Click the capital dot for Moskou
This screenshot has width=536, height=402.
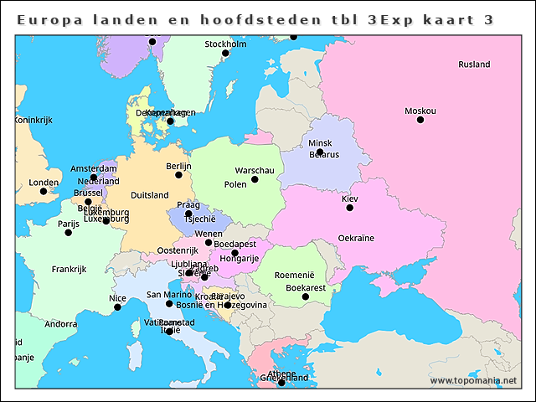[x=420, y=120]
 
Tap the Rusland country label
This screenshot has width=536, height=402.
[x=474, y=64]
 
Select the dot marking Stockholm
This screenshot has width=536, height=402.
[x=225, y=54]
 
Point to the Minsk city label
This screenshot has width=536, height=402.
[x=320, y=143]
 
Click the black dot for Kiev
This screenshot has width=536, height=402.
[x=350, y=208]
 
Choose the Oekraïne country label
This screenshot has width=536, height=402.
[x=356, y=239]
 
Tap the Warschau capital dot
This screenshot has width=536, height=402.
[x=255, y=179]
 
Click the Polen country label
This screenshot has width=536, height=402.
[x=235, y=184]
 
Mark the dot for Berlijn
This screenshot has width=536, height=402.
[x=178, y=176]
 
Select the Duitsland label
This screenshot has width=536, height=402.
[x=150, y=195]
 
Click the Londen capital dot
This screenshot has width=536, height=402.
[x=44, y=191]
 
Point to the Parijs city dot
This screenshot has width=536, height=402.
[x=69, y=232]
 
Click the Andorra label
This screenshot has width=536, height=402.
[x=61, y=324]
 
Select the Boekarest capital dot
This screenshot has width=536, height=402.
[x=306, y=296]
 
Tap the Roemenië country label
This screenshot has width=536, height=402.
[x=294, y=275]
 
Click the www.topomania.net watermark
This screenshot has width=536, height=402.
[x=473, y=380]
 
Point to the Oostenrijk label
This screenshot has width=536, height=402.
[x=178, y=250]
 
